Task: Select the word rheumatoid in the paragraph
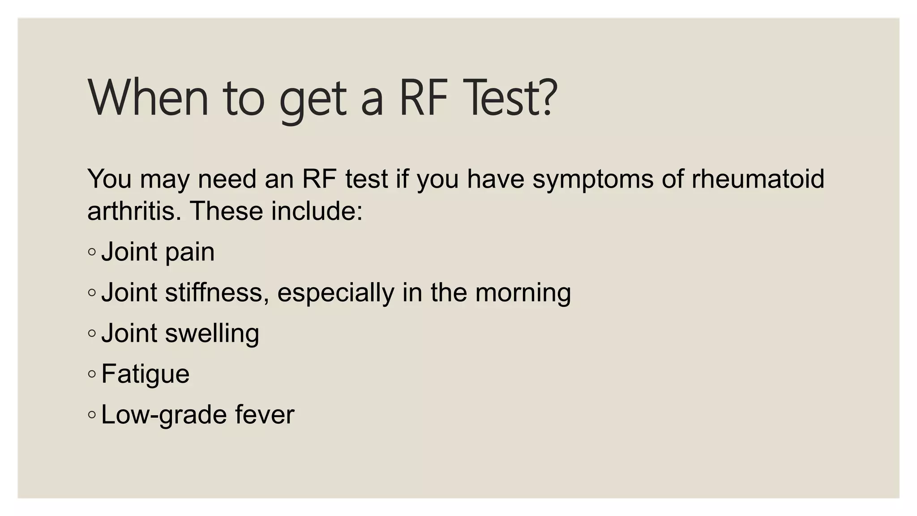(758, 179)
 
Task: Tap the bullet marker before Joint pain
(92, 252)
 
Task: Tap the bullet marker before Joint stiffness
(92, 293)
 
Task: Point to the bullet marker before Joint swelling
(92, 333)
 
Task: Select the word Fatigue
(146, 374)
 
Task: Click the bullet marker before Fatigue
(92, 374)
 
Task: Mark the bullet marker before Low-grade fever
(92, 415)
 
